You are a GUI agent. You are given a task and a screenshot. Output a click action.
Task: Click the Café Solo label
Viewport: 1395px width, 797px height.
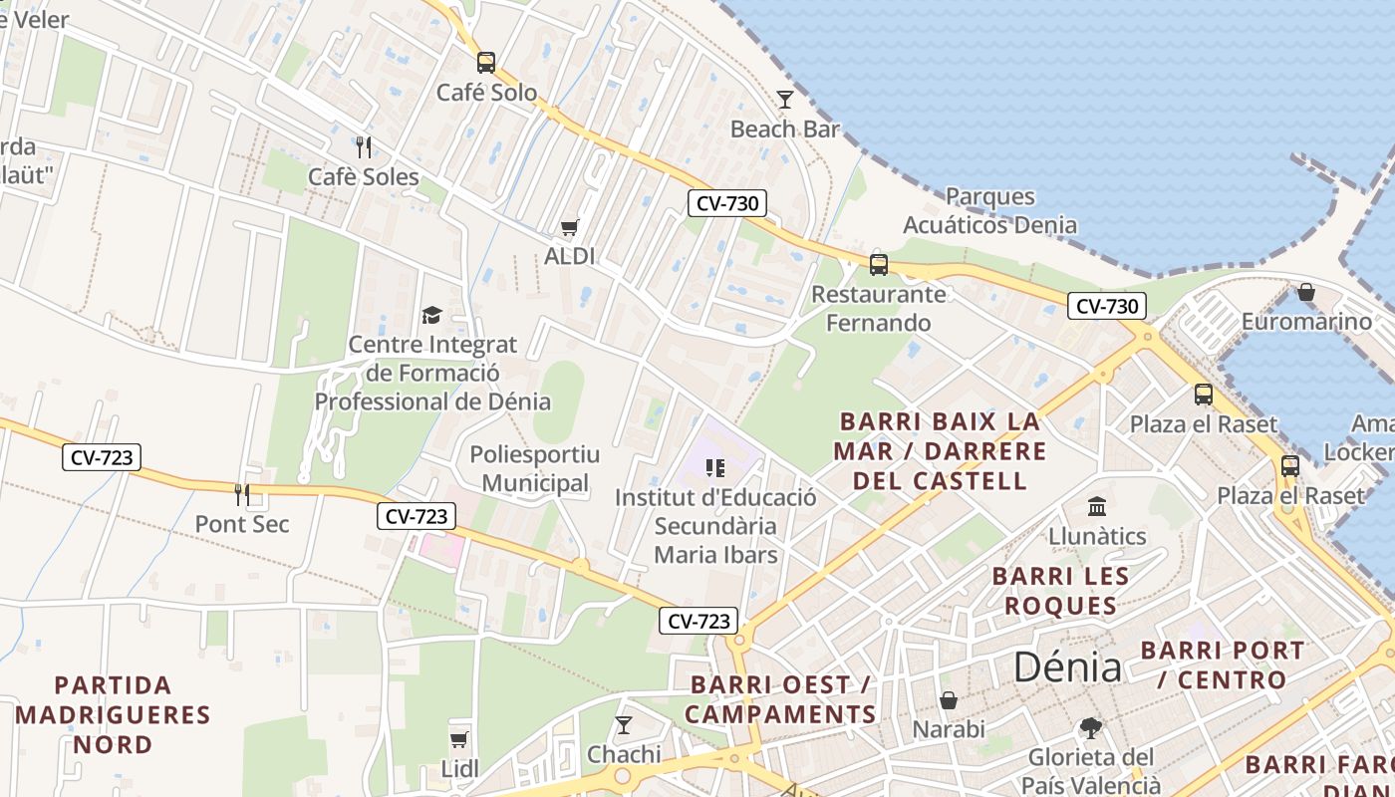(486, 93)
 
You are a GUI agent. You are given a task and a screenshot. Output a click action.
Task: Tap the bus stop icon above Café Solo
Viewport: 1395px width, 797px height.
(485, 63)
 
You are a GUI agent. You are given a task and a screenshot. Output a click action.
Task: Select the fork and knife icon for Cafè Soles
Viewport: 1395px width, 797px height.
(364, 147)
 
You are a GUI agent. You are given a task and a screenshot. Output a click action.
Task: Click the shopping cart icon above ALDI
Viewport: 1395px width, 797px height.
(569, 228)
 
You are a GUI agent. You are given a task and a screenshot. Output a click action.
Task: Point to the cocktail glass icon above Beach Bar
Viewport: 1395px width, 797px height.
(785, 100)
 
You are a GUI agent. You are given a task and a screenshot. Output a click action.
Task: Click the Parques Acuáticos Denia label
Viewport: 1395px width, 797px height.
(989, 210)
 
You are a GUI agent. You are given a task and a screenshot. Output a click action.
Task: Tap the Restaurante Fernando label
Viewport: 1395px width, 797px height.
(878, 308)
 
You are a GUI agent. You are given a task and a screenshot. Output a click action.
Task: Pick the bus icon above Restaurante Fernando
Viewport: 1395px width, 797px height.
(878, 265)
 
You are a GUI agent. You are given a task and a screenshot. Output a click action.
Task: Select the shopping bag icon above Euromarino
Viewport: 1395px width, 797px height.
(1305, 293)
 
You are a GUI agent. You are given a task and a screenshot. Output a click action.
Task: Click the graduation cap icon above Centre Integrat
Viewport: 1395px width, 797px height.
(431, 316)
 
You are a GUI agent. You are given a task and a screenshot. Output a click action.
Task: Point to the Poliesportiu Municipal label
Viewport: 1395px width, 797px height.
(534, 469)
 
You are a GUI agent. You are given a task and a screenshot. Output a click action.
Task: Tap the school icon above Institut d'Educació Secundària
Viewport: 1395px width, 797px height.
(714, 467)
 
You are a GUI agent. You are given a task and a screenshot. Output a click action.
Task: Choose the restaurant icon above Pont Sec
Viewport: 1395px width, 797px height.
(241, 494)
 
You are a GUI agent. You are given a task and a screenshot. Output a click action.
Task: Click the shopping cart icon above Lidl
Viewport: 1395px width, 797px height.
(459, 739)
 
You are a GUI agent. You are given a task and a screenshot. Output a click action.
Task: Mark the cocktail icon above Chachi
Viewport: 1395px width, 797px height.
(624, 724)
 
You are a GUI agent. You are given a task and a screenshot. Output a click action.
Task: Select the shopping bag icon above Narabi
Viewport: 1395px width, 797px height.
(949, 700)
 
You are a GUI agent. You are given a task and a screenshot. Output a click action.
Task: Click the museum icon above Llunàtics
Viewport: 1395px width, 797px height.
(1097, 507)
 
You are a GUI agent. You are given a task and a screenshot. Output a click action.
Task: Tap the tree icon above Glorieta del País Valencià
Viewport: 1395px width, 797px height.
(1091, 728)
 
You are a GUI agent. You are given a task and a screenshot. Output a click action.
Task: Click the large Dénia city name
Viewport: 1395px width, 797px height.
(1067, 666)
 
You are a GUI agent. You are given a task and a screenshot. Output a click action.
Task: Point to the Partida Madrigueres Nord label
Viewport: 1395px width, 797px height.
(113, 714)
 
